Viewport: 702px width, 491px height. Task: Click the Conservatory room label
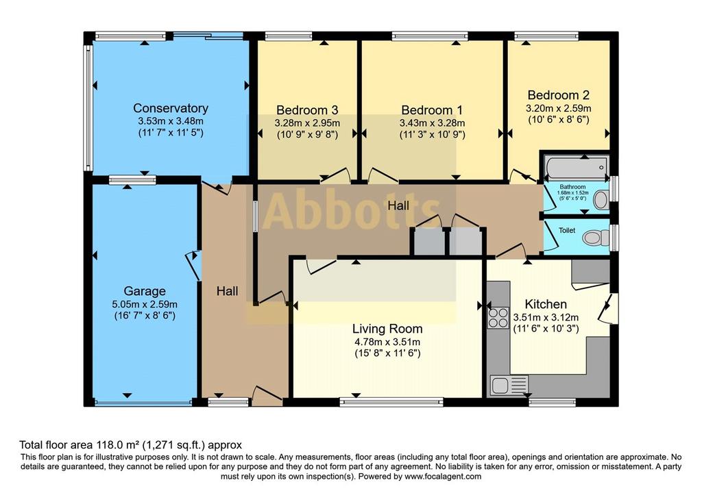[x=171, y=108]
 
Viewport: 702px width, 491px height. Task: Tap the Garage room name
[x=145, y=291]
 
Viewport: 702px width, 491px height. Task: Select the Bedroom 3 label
[x=307, y=110]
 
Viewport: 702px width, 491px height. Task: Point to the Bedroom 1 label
[x=432, y=110]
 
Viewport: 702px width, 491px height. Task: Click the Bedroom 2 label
[x=558, y=95]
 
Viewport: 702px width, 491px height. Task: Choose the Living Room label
[x=387, y=329]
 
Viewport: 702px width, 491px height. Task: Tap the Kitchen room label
[x=546, y=304]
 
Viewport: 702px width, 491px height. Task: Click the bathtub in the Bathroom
[x=576, y=168]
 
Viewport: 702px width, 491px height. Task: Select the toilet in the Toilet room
[x=596, y=238]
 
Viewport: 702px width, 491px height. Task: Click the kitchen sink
[x=509, y=385]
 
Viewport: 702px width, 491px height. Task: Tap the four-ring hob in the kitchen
[x=498, y=318]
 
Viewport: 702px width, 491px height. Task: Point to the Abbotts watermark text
[x=351, y=211]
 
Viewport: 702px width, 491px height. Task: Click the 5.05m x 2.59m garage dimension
[x=145, y=305]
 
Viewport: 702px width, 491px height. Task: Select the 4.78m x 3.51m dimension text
[x=387, y=342]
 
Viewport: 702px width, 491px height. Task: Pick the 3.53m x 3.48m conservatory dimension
[x=171, y=121]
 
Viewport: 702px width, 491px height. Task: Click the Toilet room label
[x=567, y=230]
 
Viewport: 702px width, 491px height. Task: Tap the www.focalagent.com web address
[x=443, y=476]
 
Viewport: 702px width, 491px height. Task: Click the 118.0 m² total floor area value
[x=118, y=445]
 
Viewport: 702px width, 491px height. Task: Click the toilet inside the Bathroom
[x=601, y=200]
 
